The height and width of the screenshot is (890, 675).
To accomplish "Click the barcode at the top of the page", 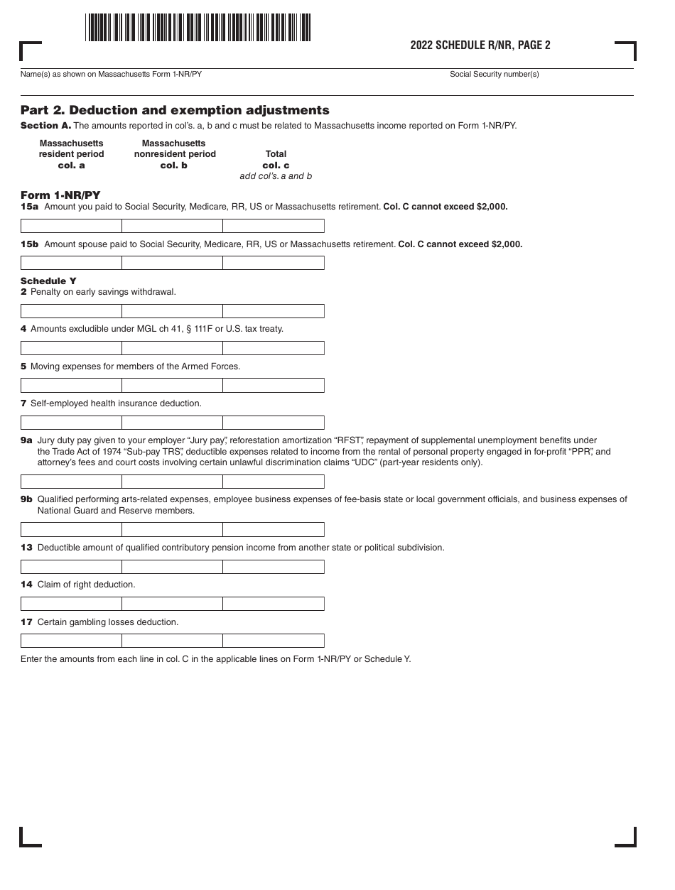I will [x=198, y=28].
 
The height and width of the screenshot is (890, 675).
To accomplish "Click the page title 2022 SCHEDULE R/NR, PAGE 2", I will [x=480, y=45].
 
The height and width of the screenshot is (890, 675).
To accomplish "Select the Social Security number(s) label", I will [x=494, y=75].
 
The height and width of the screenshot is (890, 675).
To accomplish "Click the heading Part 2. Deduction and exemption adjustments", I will [x=175, y=110].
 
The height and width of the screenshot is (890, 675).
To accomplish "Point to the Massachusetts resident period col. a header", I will [x=71, y=154].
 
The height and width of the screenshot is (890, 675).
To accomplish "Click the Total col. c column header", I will [x=276, y=160].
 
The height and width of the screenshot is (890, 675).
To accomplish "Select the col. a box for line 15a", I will [x=71, y=226].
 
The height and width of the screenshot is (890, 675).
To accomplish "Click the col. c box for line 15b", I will [x=274, y=263].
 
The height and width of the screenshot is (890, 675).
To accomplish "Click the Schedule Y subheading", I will [x=48, y=281].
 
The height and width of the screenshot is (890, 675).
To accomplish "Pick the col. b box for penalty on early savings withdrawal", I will [x=173, y=311].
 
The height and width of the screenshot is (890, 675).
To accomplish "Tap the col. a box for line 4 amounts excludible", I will [x=71, y=348].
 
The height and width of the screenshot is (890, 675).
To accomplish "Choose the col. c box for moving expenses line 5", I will [x=274, y=386].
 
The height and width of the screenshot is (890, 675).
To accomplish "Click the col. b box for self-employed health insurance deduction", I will [x=173, y=423].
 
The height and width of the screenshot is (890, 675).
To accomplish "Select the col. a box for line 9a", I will [x=71, y=482].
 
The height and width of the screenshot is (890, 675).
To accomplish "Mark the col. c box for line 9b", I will [x=274, y=530].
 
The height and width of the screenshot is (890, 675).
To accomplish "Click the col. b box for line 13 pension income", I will [x=173, y=567].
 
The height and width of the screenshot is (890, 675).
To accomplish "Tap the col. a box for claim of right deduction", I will [x=71, y=604].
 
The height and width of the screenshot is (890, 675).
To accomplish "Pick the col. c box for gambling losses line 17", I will [x=274, y=641].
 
